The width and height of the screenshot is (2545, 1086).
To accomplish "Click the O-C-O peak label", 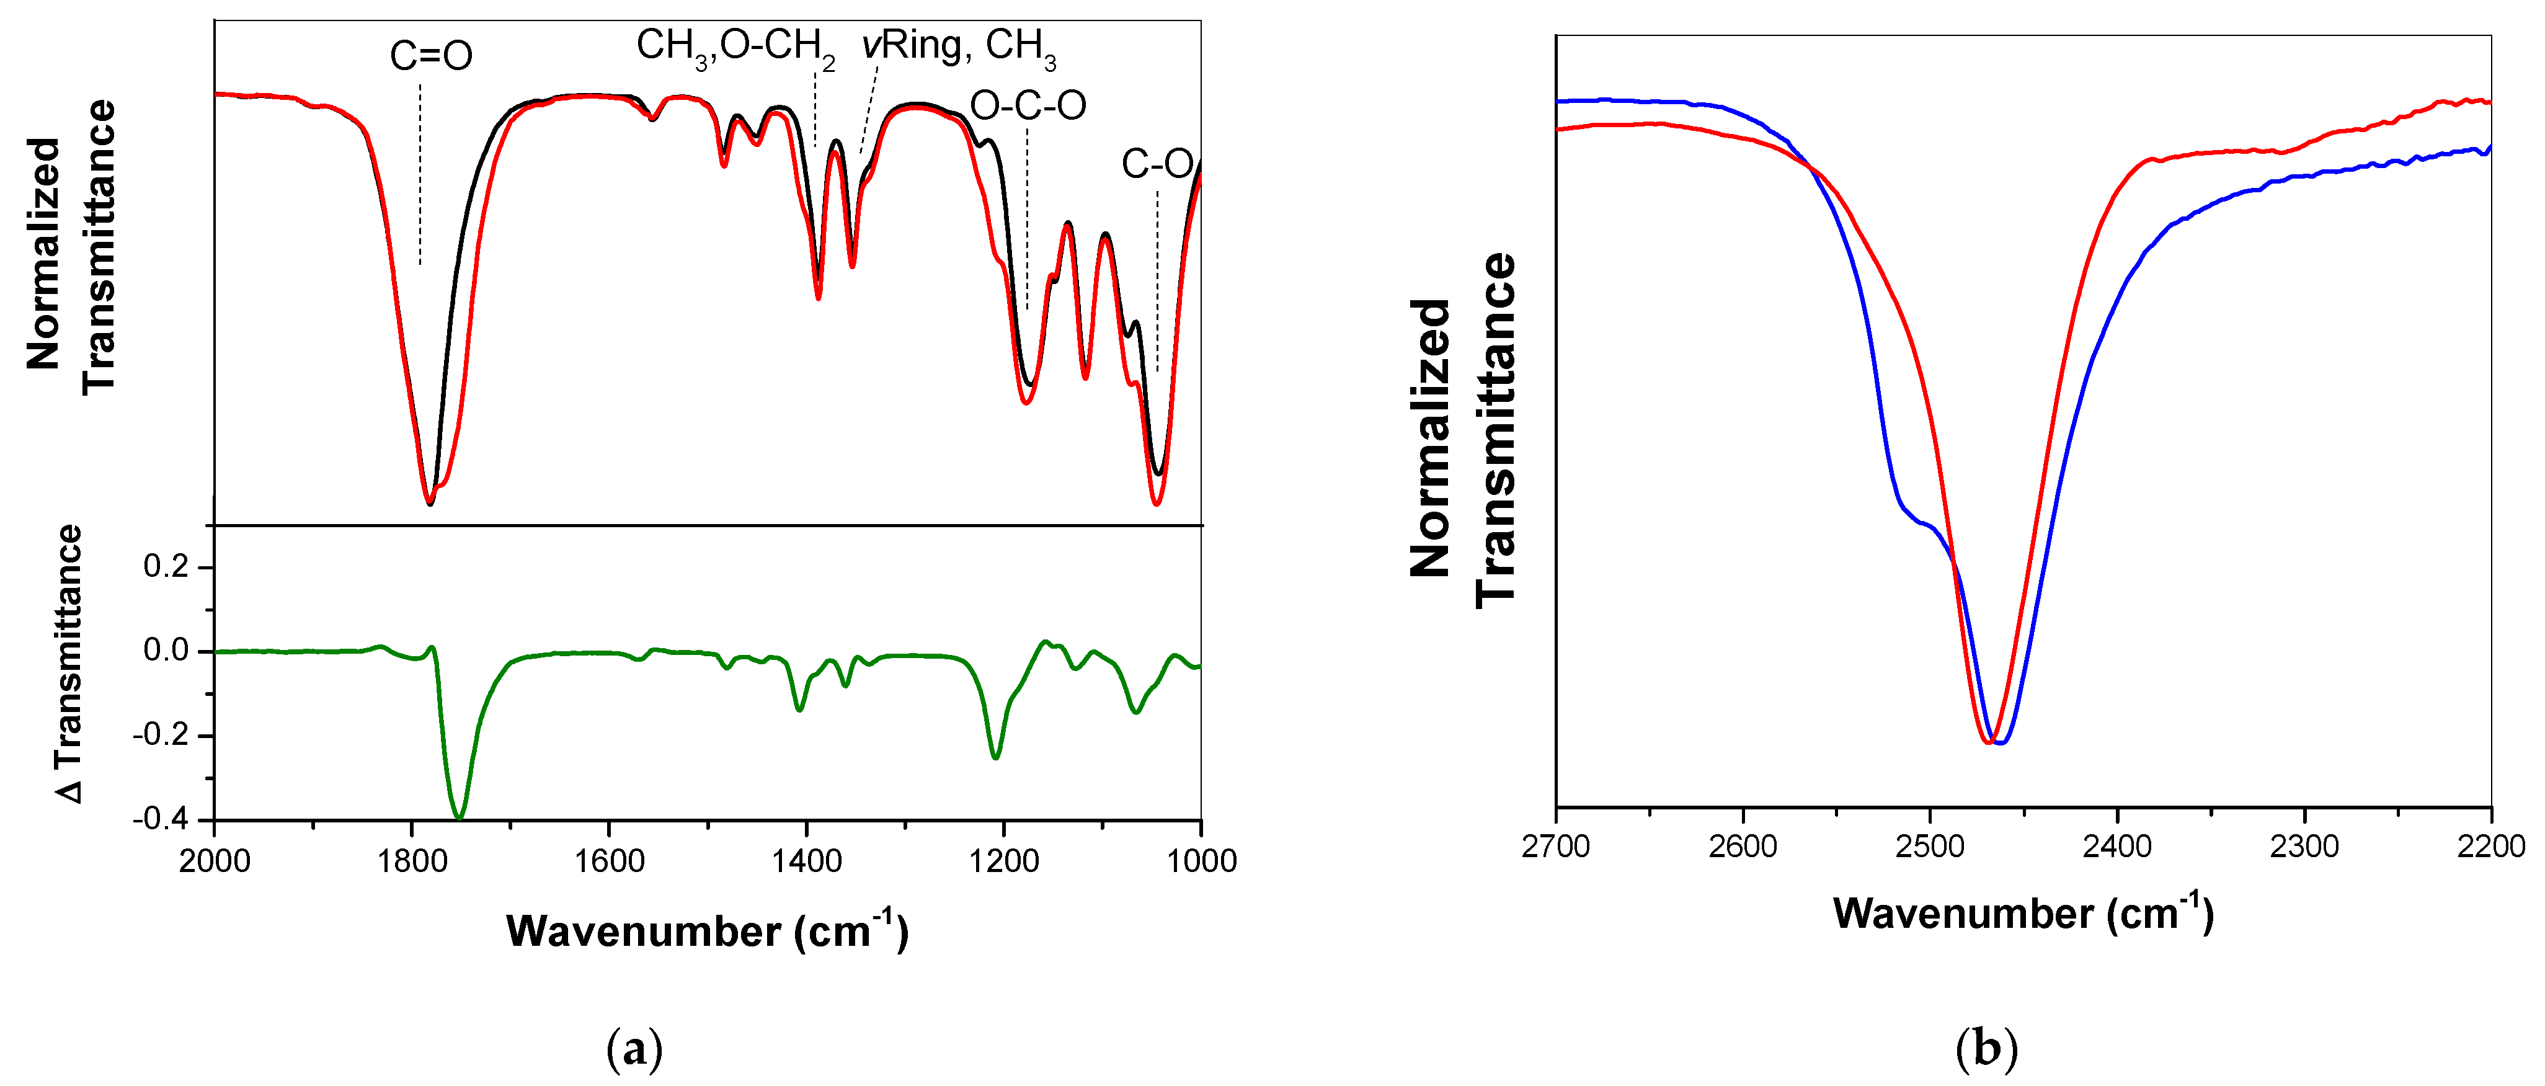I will pos(1028,105).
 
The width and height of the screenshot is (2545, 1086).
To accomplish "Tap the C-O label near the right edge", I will pos(1157,164).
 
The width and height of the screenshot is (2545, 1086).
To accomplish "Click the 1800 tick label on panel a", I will pos(412,861).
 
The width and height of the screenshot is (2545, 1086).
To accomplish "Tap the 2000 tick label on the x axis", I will pos(215,861).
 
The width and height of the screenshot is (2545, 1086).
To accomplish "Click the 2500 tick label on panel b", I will pos(1929,847).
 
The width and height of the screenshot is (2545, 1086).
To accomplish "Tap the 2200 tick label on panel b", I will pos(2490,847).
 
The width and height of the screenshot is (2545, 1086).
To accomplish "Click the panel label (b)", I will pos(1986,1048).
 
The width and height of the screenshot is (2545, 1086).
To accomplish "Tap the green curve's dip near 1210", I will pos(996,757).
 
